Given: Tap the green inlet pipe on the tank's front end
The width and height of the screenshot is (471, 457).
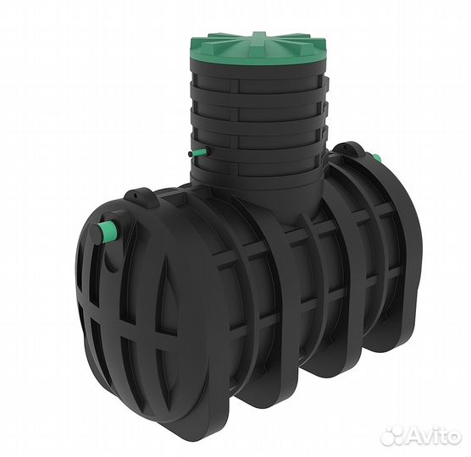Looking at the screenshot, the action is (109, 230).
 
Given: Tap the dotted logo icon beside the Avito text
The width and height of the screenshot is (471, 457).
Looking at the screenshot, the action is (391, 435).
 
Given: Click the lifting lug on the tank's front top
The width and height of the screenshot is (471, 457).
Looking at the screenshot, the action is (140, 197).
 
